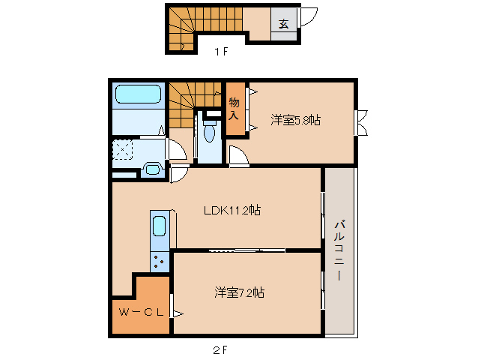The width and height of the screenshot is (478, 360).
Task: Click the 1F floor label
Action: (220, 52)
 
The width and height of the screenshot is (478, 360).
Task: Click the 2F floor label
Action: (220, 349)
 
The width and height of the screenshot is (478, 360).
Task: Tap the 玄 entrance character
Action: (284, 22)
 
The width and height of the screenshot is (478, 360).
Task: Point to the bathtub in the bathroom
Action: (136, 95)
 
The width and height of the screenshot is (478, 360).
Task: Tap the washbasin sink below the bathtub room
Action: (152, 169)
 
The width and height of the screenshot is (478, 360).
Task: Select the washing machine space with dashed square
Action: (122, 151)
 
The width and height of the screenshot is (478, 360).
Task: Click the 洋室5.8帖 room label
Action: (295, 119)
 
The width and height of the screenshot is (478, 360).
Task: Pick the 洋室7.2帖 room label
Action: (238, 292)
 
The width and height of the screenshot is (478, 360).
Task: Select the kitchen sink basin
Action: (160, 227)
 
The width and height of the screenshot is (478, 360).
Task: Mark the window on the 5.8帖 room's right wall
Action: (360, 122)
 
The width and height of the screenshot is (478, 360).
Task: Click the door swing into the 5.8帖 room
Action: (240, 157)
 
